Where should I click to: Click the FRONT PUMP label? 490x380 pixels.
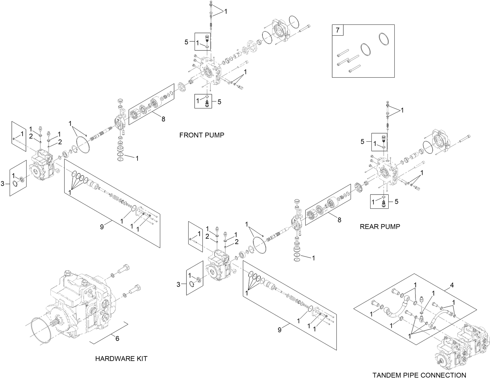coord(202,135)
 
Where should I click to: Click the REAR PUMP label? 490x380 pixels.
coord(380,226)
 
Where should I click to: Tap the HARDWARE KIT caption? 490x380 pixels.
coord(121,359)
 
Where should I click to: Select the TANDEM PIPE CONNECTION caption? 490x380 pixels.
coord(419,375)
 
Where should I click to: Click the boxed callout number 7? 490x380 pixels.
coord(338,30)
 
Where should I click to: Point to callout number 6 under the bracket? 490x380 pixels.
coord(117,339)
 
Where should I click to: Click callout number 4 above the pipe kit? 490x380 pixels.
coord(452,285)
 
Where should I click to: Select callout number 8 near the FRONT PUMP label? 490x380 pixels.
coord(163,119)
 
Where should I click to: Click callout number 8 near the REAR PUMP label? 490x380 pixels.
coord(339,220)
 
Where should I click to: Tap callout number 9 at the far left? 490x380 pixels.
coord(102,227)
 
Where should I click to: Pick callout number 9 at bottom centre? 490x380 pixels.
coord(279,330)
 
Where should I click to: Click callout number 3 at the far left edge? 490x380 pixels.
coord(3,183)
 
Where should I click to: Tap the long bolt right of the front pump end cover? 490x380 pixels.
coord(305,28)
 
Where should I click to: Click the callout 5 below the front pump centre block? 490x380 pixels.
coord(219,102)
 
